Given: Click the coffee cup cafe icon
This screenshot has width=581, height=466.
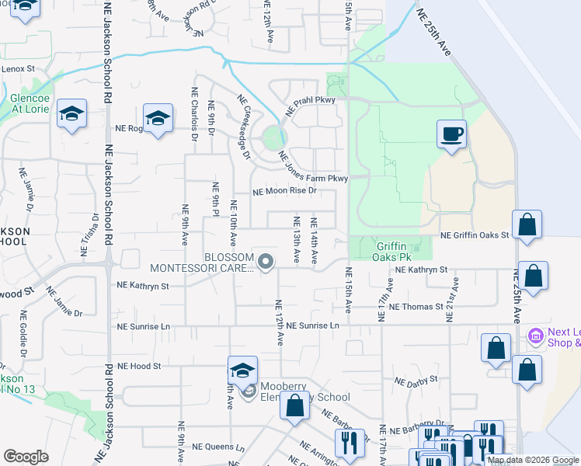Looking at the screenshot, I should [x=451, y=134].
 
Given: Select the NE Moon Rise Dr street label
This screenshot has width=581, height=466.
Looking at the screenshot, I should [x=285, y=190].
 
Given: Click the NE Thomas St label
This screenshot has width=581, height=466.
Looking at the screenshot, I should [x=416, y=307].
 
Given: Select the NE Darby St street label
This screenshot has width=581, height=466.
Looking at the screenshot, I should [x=416, y=382].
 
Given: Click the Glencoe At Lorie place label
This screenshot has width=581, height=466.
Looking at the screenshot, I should [x=30, y=104].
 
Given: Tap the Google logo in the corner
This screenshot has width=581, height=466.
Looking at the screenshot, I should [x=26, y=457].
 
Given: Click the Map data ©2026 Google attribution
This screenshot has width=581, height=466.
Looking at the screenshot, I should [x=533, y=460].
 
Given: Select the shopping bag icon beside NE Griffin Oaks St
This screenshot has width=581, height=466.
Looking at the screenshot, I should [x=527, y=225].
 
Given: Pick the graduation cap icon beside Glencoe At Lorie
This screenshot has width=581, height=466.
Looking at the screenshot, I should [x=72, y=114].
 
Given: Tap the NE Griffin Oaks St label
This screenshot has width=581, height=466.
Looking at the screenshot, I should [x=473, y=235].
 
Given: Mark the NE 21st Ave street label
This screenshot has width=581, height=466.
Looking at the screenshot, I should [x=451, y=294].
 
